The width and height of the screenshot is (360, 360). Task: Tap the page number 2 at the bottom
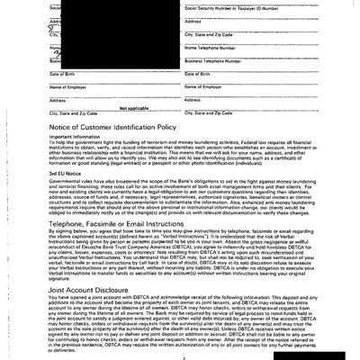pyautogui.click(x=181, y=354)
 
